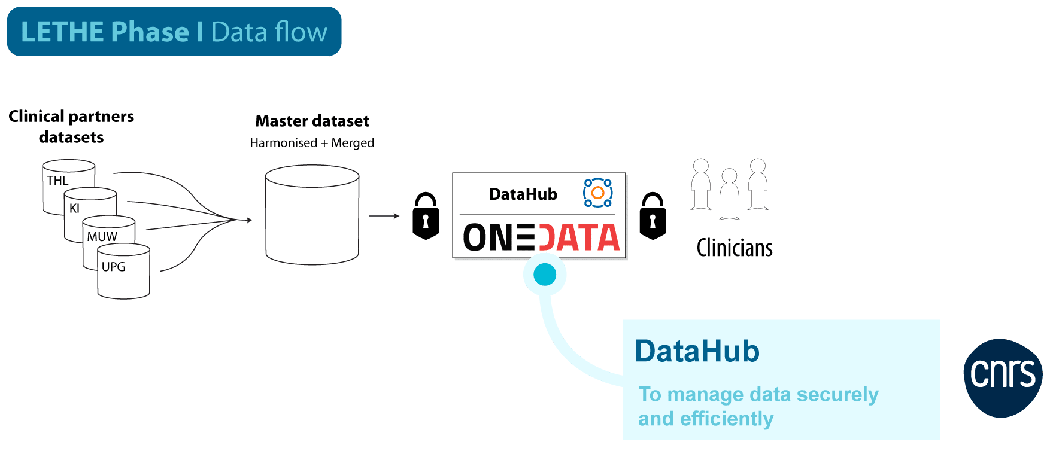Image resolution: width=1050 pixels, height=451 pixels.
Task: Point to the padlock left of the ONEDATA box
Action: [426, 216]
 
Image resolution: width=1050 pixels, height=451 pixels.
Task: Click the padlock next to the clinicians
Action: [653, 216]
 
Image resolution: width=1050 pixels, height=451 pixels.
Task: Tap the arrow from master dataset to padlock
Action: [384, 215]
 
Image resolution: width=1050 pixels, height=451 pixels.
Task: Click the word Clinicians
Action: [735, 248]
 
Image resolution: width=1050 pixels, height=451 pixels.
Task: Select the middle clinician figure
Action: [729, 193]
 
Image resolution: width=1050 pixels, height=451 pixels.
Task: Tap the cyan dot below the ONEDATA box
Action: [545, 275]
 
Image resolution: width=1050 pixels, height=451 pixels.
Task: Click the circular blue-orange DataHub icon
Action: [597, 193]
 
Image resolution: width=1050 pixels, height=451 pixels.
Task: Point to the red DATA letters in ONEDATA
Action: [579, 237]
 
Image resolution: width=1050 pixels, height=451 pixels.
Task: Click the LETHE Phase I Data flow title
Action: [174, 32]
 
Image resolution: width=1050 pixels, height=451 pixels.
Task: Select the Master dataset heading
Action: [312, 121]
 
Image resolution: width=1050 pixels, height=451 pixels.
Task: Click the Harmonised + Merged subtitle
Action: [312, 143]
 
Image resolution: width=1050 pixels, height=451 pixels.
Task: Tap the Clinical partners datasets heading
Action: [71, 126]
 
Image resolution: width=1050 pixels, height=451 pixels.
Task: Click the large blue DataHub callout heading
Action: [697, 351]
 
